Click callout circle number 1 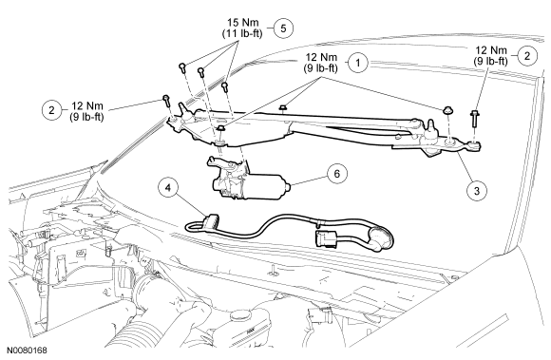tap(358, 63)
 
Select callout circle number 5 tap(283, 28)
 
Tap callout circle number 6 tap(337, 174)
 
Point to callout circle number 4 tap(168, 188)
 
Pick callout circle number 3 tap(477, 191)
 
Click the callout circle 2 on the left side tap(51, 110)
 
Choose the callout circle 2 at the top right tap(526, 56)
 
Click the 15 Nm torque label tap(242, 23)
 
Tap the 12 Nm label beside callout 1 tap(321, 57)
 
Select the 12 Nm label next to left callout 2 tap(87, 105)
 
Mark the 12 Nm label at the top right tap(491, 50)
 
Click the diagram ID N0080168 tap(27, 351)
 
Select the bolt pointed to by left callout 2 tap(166, 101)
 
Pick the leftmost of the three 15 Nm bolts tap(182, 67)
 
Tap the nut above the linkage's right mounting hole tap(447, 109)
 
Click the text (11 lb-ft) tap(242, 33)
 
